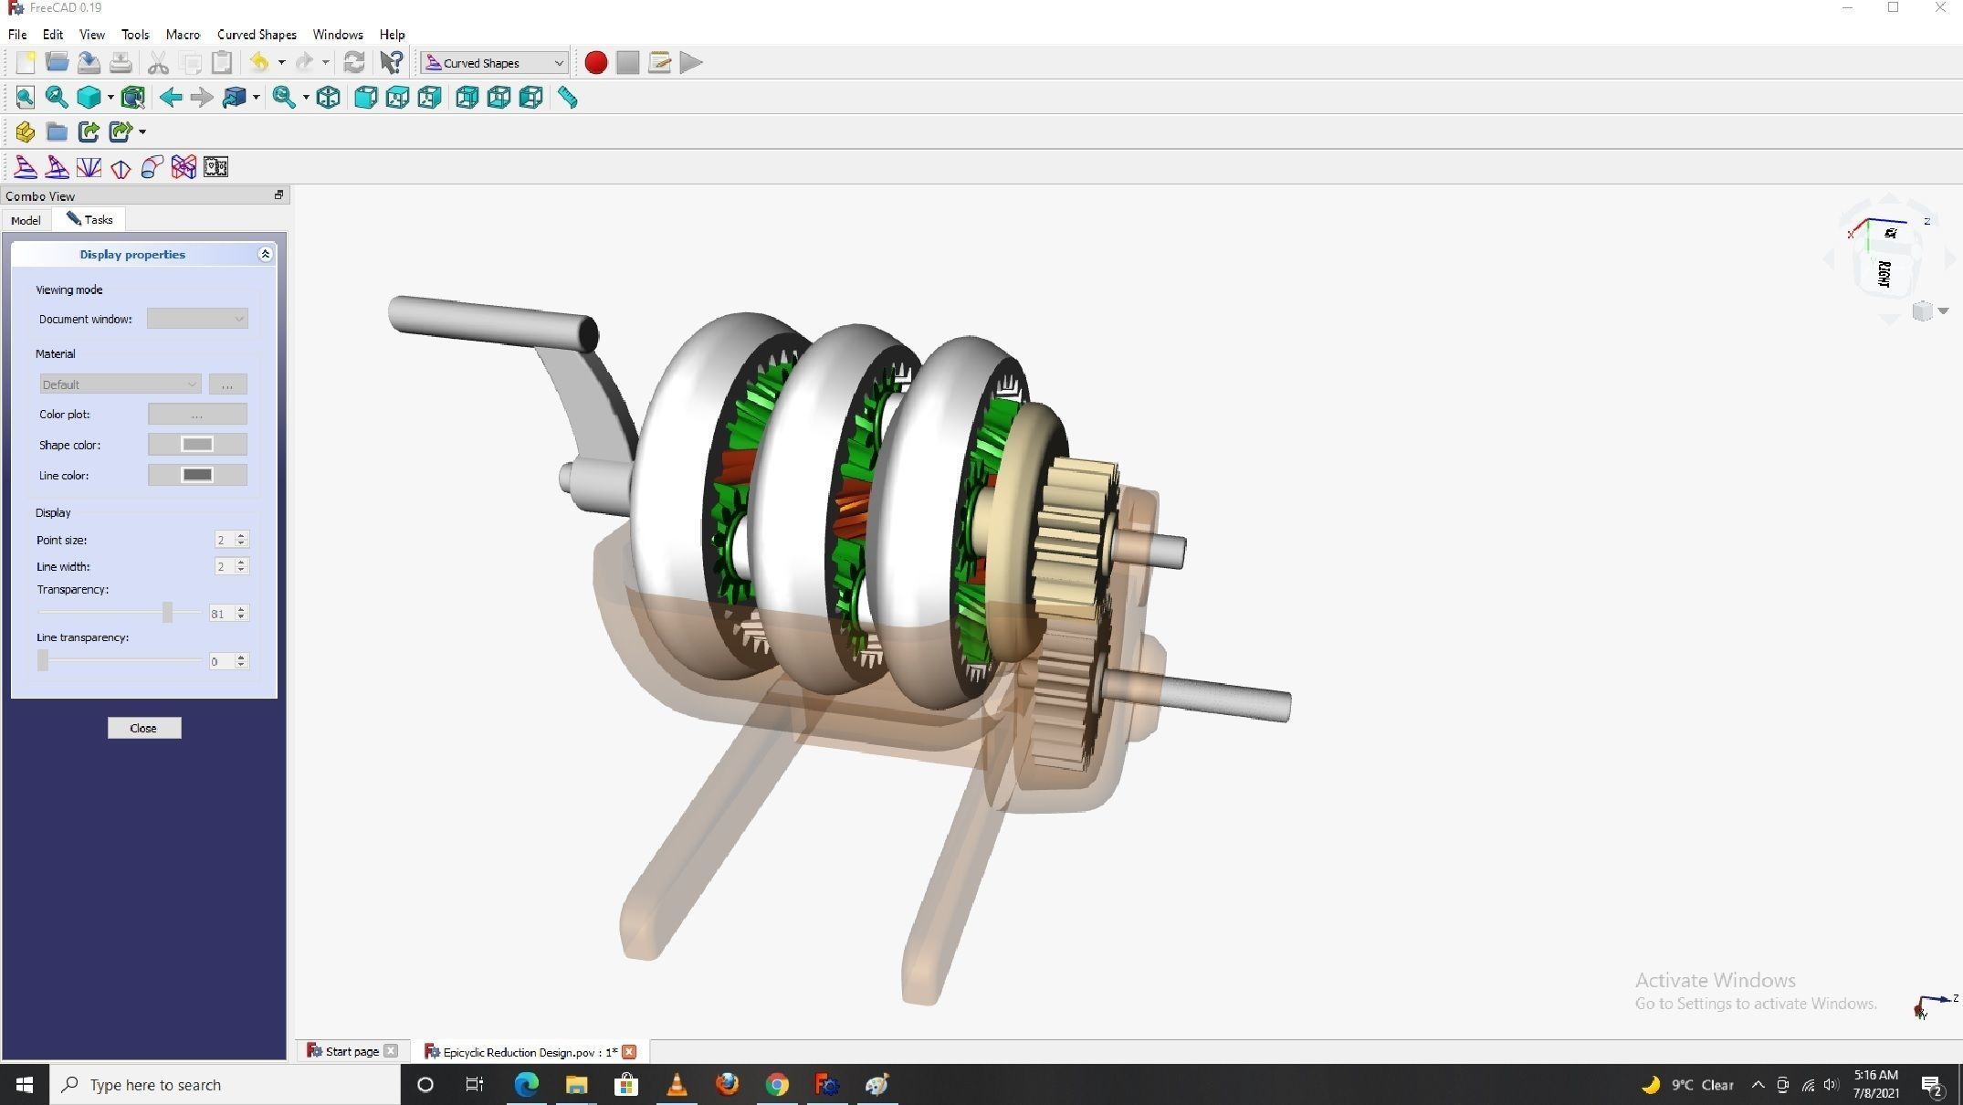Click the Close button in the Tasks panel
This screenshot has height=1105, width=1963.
pos(143,728)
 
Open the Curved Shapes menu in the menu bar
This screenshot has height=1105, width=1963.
pos(257,35)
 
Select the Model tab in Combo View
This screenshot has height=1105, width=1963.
pos(26,220)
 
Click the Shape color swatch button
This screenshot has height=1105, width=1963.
pos(197,445)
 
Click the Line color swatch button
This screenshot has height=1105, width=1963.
pos(197,475)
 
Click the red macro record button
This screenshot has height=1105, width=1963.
pos(595,63)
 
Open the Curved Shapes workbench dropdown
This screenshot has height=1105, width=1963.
pos(494,63)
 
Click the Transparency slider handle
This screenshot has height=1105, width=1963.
pos(167,613)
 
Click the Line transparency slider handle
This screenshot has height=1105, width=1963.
pos(43,660)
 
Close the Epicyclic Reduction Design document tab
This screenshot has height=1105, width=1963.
pos(629,1052)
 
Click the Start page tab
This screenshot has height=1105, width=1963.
pos(352,1052)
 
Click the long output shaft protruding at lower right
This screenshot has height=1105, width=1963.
pos(1214,699)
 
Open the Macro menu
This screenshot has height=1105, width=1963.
pos(183,35)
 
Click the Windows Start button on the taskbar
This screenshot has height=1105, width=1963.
pos(25,1085)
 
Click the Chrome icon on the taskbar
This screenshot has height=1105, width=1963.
pos(777,1085)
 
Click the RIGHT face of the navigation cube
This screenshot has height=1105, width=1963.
pos(1884,273)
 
